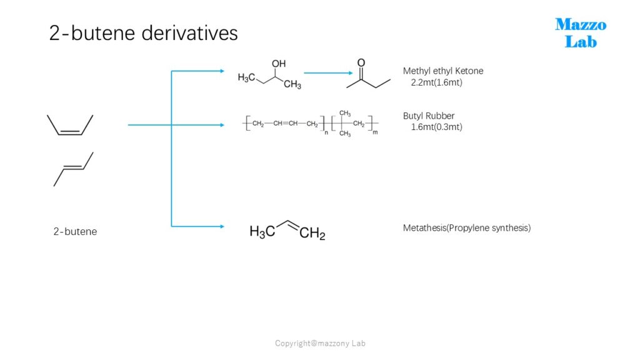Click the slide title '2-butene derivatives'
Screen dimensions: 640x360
(143, 32)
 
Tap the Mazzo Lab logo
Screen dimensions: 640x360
(581, 33)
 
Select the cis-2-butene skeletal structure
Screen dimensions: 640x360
(70, 124)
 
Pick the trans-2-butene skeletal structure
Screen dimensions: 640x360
(74, 169)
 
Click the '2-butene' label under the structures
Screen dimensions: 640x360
(75, 231)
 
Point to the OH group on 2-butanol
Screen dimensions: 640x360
(279, 64)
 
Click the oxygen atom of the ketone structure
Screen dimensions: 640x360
(361, 63)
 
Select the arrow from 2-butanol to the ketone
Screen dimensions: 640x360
(328, 73)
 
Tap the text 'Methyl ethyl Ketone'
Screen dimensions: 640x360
(443, 71)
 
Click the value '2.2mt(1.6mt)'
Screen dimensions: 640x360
(436, 82)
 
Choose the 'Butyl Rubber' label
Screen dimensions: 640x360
(429, 116)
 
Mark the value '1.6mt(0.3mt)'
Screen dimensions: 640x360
(436, 127)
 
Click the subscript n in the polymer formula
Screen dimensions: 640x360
(326, 132)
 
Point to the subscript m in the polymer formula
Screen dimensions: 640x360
(375, 132)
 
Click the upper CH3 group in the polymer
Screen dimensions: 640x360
(345, 114)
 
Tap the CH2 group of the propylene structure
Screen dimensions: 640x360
(312, 234)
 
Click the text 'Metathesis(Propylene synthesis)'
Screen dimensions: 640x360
(466, 227)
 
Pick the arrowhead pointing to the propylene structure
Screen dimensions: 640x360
(222, 226)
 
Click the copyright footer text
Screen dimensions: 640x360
(320, 343)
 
